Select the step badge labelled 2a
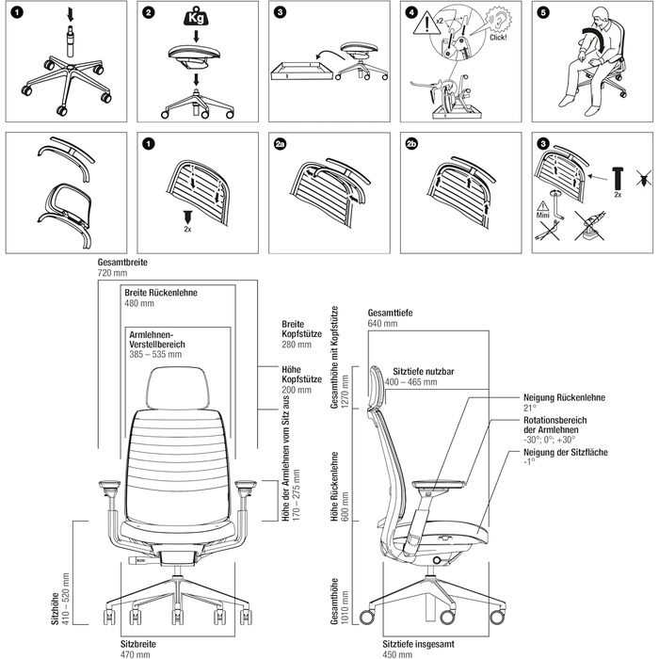point(280,145)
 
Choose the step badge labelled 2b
point(411,145)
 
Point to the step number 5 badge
point(542,13)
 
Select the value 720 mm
point(111,272)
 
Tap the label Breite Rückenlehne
point(161,293)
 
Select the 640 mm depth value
point(382,322)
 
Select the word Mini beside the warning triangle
point(543,214)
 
